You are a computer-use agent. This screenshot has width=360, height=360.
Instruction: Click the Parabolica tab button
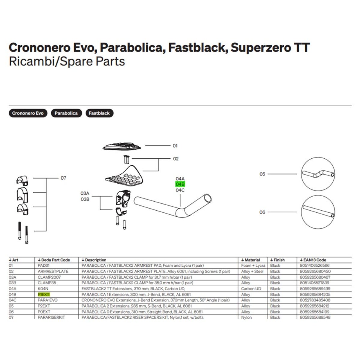(66, 113)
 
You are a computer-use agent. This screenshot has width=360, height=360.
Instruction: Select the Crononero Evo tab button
(28, 113)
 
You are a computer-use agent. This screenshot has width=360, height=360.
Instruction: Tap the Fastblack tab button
(99, 113)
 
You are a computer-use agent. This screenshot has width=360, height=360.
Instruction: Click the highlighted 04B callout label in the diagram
(180, 184)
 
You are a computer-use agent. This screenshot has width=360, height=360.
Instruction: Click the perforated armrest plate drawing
(125, 177)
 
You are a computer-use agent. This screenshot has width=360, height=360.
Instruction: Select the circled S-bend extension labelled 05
(318, 174)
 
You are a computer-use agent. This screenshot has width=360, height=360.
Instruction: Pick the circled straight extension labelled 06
(318, 212)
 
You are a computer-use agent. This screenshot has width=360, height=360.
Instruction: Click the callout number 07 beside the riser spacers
(63, 178)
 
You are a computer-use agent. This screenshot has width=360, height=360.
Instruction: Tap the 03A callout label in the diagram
(85, 193)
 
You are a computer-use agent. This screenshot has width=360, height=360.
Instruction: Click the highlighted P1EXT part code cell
(44, 295)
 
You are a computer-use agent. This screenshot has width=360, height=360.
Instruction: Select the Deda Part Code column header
(54, 260)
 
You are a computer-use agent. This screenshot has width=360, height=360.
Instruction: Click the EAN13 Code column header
(313, 260)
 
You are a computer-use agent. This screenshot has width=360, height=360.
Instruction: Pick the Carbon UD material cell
(251, 289)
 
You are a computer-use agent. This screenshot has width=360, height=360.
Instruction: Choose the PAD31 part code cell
(43, 265)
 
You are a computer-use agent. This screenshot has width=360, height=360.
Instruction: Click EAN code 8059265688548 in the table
(315, 317)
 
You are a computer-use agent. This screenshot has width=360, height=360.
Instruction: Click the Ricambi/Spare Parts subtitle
(67, 61)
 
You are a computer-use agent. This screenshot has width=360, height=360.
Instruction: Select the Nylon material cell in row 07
(246, 317)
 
